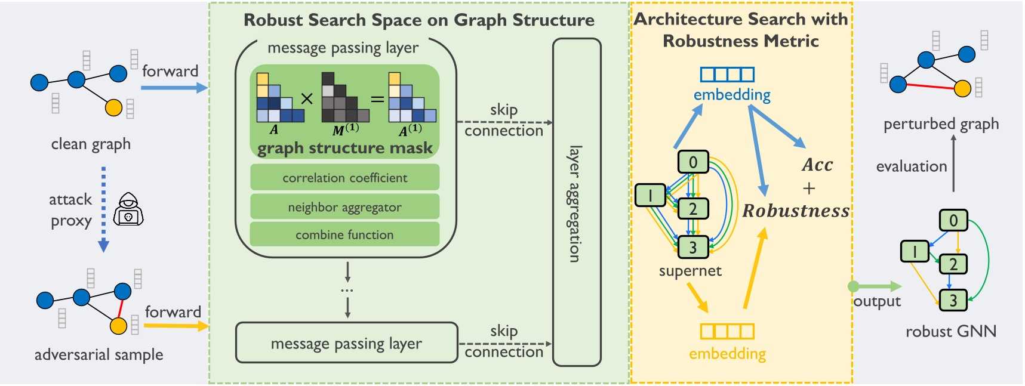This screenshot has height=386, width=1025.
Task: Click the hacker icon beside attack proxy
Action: click(x=128, y=209)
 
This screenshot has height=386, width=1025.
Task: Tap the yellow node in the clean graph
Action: click(x=113, y=107)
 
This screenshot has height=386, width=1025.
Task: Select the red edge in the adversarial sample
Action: click(x=121, y=308)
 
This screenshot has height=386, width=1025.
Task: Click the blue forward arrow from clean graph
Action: click(x=174, y=88)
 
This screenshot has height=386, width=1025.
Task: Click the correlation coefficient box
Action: click(x=344, y=178)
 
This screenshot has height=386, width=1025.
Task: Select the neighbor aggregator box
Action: click(x=344, y=207)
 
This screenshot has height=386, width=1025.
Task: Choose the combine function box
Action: click(x=344, y=234)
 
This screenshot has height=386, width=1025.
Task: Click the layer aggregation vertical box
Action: click(x=576, y=203)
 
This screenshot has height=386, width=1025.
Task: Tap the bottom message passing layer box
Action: click(x=346, y=343)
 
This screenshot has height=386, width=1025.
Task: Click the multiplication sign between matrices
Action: click(x=307, y=99)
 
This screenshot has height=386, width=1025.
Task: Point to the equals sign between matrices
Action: click(x=377, y=99)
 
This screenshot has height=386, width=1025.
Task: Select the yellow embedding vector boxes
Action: click(x=727, y=331)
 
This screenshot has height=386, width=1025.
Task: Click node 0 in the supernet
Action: click(x=692, y=162)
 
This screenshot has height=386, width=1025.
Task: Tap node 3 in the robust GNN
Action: click(x=953, y=300)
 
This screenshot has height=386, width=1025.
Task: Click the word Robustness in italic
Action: click(x=796, y=211)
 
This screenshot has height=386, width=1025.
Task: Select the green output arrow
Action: click(x=875, y=286)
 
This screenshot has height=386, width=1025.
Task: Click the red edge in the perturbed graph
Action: click(x=930, y=87)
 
